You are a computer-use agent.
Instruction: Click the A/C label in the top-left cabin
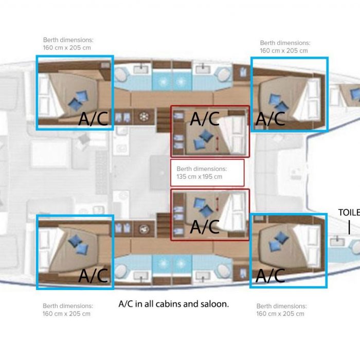tap(93, 119)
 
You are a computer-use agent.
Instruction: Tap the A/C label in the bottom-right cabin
tap(270, 276)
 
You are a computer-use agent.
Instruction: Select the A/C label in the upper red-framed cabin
tap(205, 119)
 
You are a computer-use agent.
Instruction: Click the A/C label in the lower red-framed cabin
tap(205, 227)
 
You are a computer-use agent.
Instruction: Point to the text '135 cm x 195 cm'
tap(200, 176)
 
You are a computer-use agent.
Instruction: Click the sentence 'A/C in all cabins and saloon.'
tap(174, 304)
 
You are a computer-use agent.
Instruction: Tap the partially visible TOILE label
tap(349, 212)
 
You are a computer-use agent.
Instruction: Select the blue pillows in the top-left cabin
tap(78, 100)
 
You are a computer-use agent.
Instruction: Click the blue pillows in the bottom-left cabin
tap(78, 245)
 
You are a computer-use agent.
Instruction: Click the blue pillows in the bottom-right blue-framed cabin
tap(279, 242)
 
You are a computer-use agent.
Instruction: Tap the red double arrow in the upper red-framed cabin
tap(217, 144)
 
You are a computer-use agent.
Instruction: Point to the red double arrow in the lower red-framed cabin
tap(217, 204)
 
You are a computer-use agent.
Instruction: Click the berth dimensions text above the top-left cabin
tap(68, 44)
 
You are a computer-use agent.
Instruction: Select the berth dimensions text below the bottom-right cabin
tap(281, 310)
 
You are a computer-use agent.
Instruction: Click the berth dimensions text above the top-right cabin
tap(285, 47)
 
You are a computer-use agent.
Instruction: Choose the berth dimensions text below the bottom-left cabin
tap(68, 310)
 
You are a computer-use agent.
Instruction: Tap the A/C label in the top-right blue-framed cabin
tap(270, 119)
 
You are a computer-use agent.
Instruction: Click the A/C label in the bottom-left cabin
tap(93, 276)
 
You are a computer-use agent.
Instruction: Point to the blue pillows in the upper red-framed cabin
tap(204, 139)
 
